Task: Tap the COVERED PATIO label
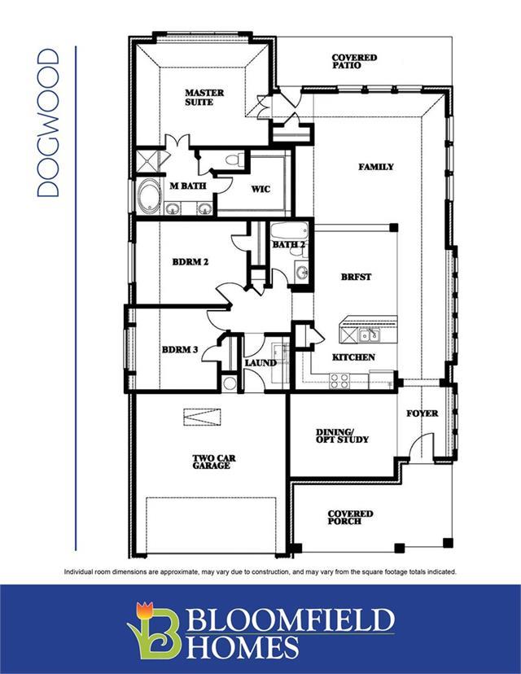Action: (354, 62)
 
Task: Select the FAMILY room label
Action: (376, 167)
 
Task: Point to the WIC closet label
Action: (260, 189)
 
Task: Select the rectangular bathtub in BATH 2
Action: (289, 232)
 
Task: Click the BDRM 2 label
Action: (190, 262)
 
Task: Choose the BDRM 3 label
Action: (180, 349)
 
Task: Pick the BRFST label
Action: (356, 278)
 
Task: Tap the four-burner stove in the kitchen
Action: (339, 380)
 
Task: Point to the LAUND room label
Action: (260, 363)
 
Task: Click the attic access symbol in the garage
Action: (202, 417)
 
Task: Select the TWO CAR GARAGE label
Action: (213, 462)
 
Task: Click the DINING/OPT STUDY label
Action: (342, 435)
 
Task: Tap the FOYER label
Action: (422, 414)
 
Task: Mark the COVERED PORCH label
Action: (350, 518)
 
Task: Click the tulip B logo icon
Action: (154, 631)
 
